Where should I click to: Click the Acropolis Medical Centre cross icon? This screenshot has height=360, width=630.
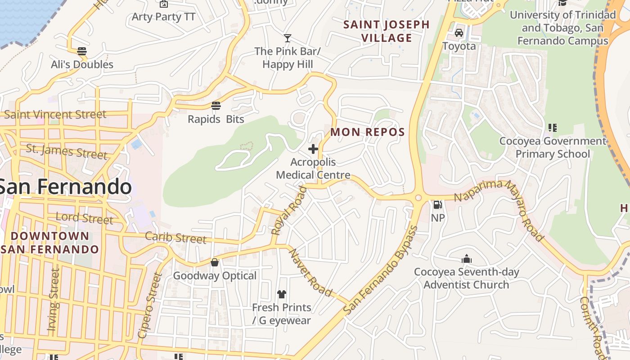(x=313, y=149)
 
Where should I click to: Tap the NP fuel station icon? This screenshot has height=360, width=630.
(x=437, y=205)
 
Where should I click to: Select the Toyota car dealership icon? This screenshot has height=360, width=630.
(x=459, y=33)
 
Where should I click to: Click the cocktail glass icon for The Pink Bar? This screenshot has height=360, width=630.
(x=288, y=38)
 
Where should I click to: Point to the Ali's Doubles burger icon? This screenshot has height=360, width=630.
(x=81, y=51)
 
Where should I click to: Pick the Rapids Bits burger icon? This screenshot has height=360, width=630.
(x=216, y=106)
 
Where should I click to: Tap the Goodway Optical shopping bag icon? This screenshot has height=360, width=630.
(x=215, y=262)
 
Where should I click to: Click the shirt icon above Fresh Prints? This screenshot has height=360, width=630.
(x=282, y=294)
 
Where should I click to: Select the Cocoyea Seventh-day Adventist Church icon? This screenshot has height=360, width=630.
(x=467, y=259)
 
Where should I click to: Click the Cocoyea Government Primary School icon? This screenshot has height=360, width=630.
(x=553, y=128)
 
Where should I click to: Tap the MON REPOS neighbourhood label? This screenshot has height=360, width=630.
(x=368, y=132)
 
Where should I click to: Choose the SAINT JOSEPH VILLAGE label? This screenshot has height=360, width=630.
(x=387, y=31)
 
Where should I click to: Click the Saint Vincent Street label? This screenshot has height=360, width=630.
(x=55, y=114)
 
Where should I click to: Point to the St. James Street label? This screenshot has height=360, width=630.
(x=67, y=151)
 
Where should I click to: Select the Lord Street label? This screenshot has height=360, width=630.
(x=84, y=218)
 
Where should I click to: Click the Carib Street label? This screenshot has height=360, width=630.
(x=175, y=238)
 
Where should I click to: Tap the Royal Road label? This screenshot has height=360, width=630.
(x=289, y=211)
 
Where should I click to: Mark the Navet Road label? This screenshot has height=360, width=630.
(x=310, y=273)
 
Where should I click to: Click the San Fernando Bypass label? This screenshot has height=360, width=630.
(x=381, y=270)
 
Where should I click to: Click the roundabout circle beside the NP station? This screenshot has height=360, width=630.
(x=418, y=198)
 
